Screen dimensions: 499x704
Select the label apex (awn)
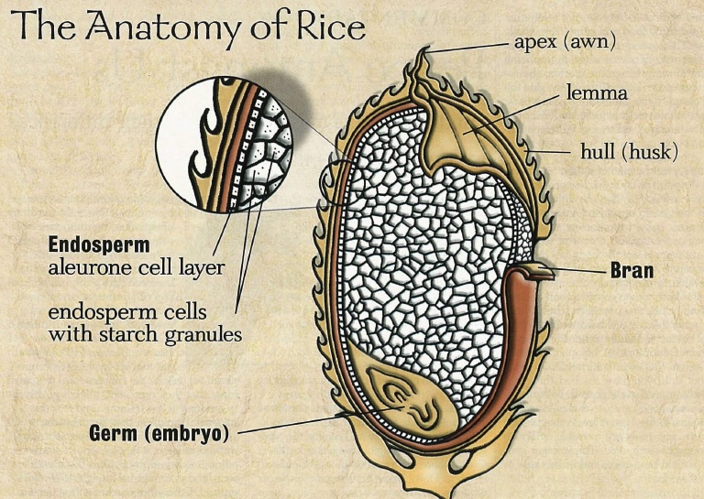(x=564, y=41)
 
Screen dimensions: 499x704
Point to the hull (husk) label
(x=628, y=151)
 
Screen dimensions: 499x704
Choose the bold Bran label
(x=632, y=271)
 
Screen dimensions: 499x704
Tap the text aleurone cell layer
(x=137, y=268)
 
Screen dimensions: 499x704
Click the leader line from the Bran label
(x=577, y=270)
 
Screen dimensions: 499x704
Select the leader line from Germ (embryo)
(x=302, y=424)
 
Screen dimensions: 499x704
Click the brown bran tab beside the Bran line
(x=532, y=270)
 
